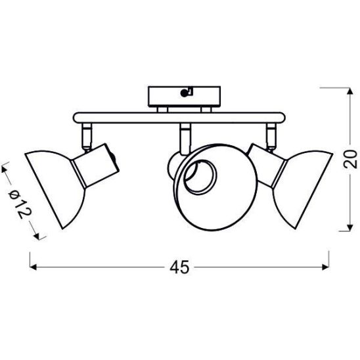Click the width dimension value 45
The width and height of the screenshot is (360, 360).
[x=179, y=267]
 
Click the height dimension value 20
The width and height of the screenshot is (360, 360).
[x=349, y=159]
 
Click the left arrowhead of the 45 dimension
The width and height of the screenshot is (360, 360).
[x=33, y=267]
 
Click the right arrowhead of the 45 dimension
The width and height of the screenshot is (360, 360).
[x=326, y=267]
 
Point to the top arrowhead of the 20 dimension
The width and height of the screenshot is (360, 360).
[x=349, y=91]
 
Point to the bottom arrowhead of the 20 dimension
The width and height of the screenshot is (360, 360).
[x=349, y=227]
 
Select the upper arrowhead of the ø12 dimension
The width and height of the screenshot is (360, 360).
[x=4, y=169]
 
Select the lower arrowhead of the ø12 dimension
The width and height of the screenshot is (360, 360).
[x=37, y=236]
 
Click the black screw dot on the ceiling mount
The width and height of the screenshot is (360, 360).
[x=184, y=93]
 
